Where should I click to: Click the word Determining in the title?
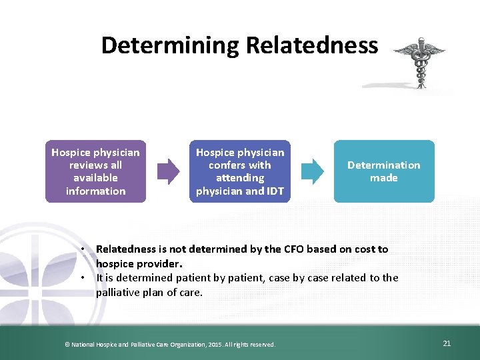(x=171, y=45)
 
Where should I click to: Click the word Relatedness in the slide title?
(x=312, y=45)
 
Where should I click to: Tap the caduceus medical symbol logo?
(x=419, y=63)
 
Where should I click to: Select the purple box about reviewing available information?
(x=96, y=171)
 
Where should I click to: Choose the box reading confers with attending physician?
(x=240, y=171)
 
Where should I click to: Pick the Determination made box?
(x=384, y=171)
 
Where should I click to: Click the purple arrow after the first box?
(x=168, y=171)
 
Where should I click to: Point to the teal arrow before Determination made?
(x=312, y=171)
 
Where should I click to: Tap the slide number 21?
(x=447, y=343)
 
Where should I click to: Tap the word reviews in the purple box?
(x=86, y=165)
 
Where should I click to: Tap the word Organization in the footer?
(x=175, y=344)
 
